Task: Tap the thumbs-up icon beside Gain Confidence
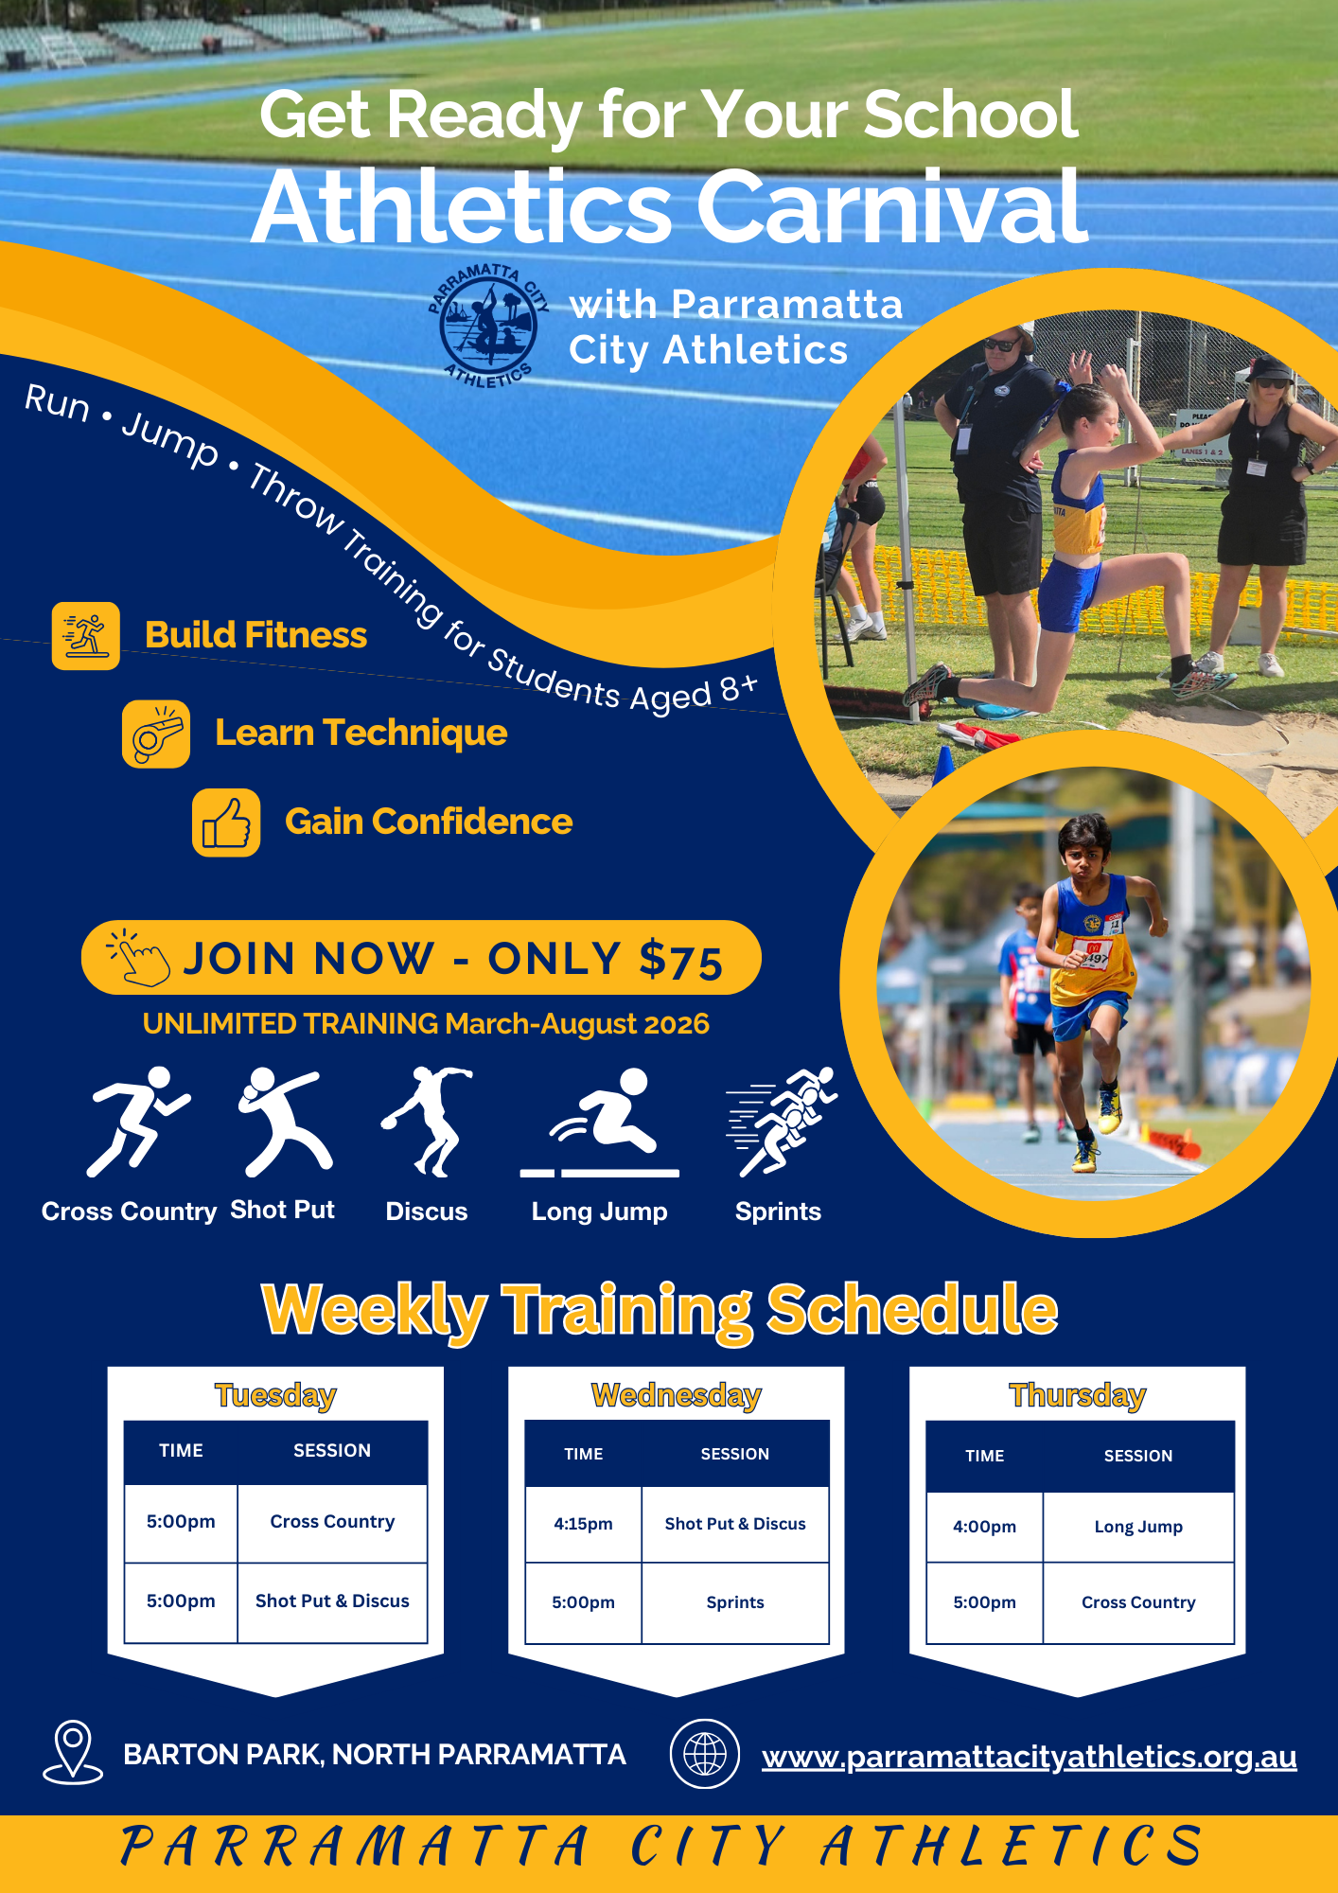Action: [x=226, y=823]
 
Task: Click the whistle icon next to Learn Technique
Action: [x=156, y=734]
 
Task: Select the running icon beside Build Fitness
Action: [x=86, y=636]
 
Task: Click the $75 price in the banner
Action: [x=681, y=960]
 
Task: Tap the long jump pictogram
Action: [x=600, y=1123]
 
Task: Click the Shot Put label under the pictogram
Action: [x=282, y=1210]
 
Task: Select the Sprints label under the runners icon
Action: [x=778, y=1212]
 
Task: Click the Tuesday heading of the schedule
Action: [x=275, y=1395]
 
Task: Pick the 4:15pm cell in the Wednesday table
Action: [x=583, y=1524]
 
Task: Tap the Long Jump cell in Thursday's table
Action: [x=1138, y=1527]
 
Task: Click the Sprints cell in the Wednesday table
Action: [x=735, y=1602]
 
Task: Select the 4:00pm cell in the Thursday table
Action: [x=984, y=1527]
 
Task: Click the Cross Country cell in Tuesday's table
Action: [x=332, y=1521]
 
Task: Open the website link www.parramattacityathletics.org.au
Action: [x=1029, y=1757]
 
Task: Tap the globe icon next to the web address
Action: [x=705, y=1754]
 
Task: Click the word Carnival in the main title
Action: [x=892, y=207]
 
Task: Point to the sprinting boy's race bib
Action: [x=1094, y=954]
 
